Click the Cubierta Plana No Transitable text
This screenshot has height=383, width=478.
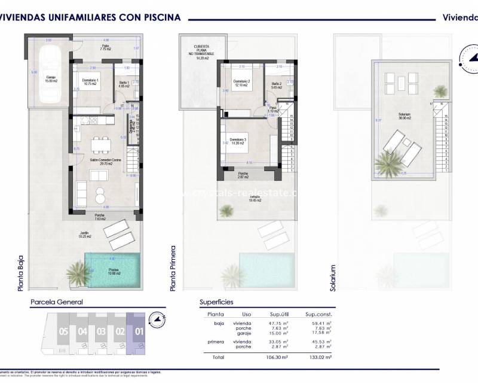coord(201,51)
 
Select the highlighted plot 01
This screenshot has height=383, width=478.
coord(139,331)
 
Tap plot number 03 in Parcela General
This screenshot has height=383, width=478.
coord(101,331)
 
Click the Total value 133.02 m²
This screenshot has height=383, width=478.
coord(321,357)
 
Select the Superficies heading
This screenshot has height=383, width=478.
coord(216,302)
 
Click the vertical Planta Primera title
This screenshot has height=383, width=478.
coord(174,268)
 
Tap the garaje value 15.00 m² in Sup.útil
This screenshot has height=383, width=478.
coord(278,333)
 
